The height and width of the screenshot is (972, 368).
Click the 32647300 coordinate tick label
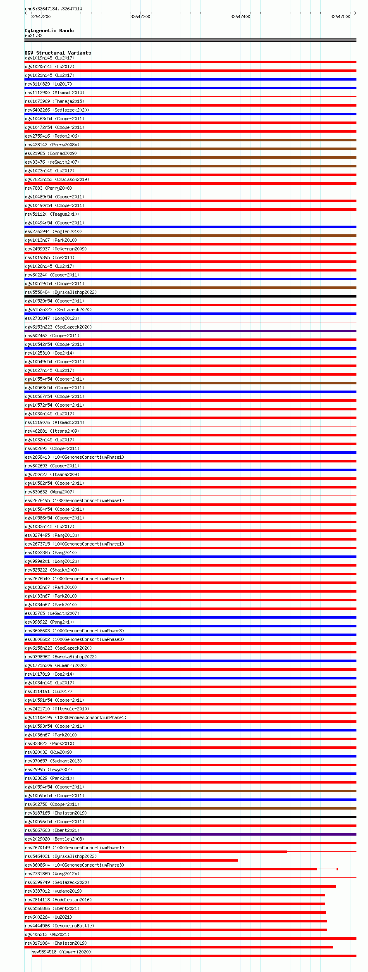pyautogui.click(x=140, y=17)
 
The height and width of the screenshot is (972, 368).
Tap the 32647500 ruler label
pyautogui.click(x=340, y=17)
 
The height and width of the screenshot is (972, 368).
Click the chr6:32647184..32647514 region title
pyautogui.click(x=53, y=9)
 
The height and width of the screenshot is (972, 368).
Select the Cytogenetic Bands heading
pyautogui.click(x=49, y=31)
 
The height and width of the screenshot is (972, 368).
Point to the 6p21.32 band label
pyautogui.click(x=33, y=36)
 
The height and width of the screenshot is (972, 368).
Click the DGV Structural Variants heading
pyautogui.click(x=57, y=53)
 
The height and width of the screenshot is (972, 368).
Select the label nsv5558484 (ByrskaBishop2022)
pyautogui.click(x=60, y=292)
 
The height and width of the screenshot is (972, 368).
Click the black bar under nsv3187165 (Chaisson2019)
pyautogui.click(x=190, y=817)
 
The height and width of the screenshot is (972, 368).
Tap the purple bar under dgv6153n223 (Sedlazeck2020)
pyautogui.click(x=190, y=331)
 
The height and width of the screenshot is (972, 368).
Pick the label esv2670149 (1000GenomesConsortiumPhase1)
pyautogui.click(x=74, y=848)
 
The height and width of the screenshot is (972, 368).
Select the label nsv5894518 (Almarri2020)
pyautogui.click(x=61, y=952)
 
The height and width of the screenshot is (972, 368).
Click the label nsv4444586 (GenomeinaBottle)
pyautogui.click(x=59, y=926)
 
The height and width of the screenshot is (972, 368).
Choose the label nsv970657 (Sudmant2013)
pyautogui.click(x=53, y=761)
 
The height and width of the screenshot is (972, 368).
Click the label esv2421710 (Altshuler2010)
pyautogui.click(x=57, y=709)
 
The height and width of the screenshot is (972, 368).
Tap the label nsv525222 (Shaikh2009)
pyautogui.click(x=52, y=570)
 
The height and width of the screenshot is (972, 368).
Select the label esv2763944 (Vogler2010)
pyautogui.click(x=53, y=231)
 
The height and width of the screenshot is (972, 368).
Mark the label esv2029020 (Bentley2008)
pyautogui.click(x=54, y=839)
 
